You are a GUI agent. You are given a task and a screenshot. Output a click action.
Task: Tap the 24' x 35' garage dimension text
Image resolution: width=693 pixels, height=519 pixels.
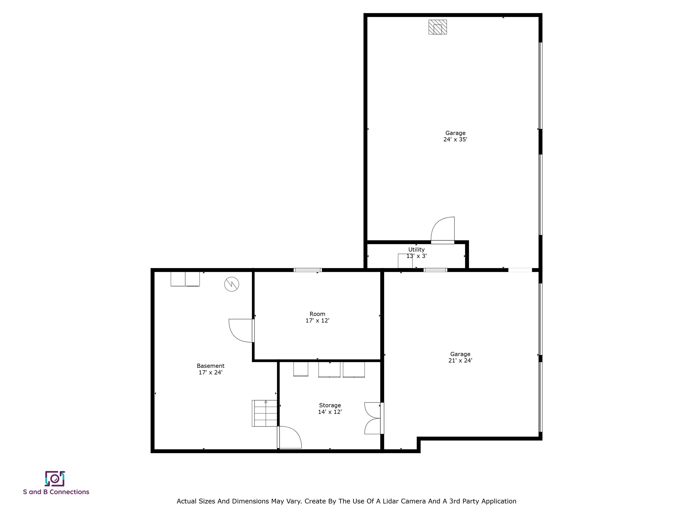(455, 139)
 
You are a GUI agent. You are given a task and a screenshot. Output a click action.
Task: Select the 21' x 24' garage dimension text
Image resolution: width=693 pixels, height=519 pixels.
(460, 360)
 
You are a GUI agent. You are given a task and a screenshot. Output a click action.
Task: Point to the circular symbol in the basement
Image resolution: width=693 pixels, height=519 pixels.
(231, 284)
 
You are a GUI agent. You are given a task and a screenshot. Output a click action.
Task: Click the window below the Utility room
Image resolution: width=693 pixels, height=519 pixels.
(435, 270)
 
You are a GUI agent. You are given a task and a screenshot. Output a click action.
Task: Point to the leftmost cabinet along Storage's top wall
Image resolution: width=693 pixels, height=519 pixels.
(300, 369)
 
